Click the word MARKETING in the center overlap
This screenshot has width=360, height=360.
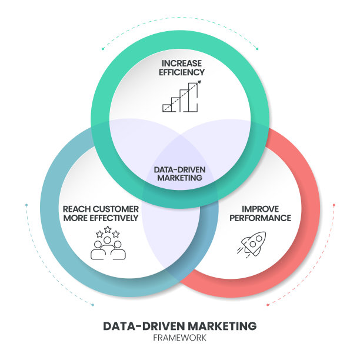click(180, 178)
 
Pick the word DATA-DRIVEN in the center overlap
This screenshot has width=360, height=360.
click(180, 169)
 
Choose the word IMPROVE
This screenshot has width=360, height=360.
click(260, 208)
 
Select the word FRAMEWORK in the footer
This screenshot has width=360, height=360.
click(179, 338)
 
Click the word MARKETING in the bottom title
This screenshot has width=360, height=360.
click(221, 326)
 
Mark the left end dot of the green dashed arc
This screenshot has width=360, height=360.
click(102, 49)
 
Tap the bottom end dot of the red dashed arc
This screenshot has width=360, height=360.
click(267, 304)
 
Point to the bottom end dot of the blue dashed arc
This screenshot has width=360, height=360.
click(93, 304)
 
